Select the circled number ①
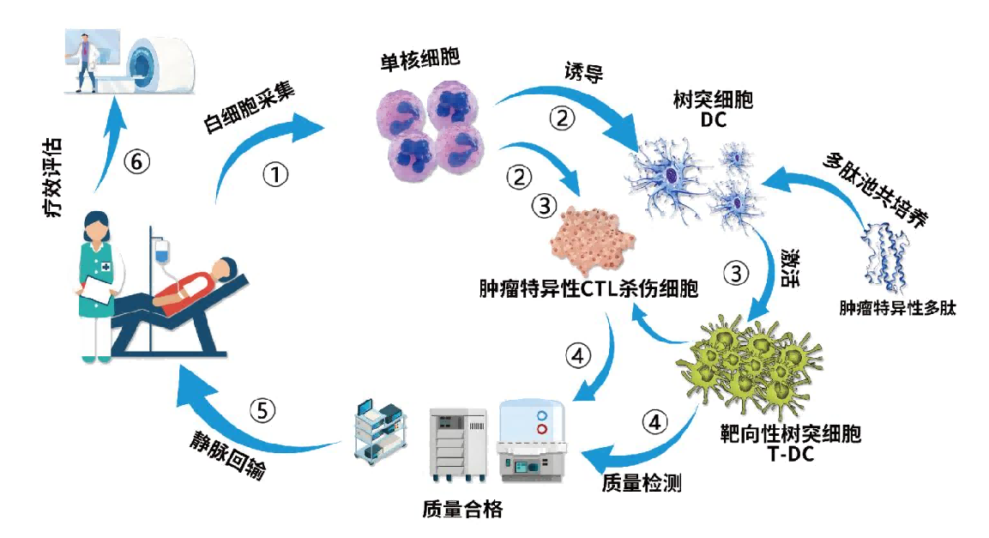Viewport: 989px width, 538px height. pos(274,175)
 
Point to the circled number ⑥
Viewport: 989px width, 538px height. pos(136,160)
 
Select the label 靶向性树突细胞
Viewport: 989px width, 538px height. pos(790,435)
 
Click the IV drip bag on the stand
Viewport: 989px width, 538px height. pos(160,251)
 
